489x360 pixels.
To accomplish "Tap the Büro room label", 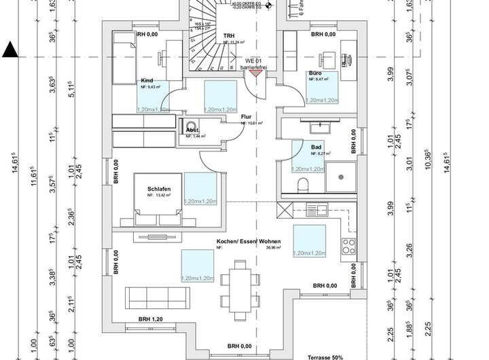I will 314,73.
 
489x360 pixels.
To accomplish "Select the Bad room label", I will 315,146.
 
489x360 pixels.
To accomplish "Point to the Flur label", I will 246,116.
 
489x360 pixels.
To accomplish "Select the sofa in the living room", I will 156,298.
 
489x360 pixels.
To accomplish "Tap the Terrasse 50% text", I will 326,355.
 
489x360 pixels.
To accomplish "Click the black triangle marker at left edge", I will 10,49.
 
